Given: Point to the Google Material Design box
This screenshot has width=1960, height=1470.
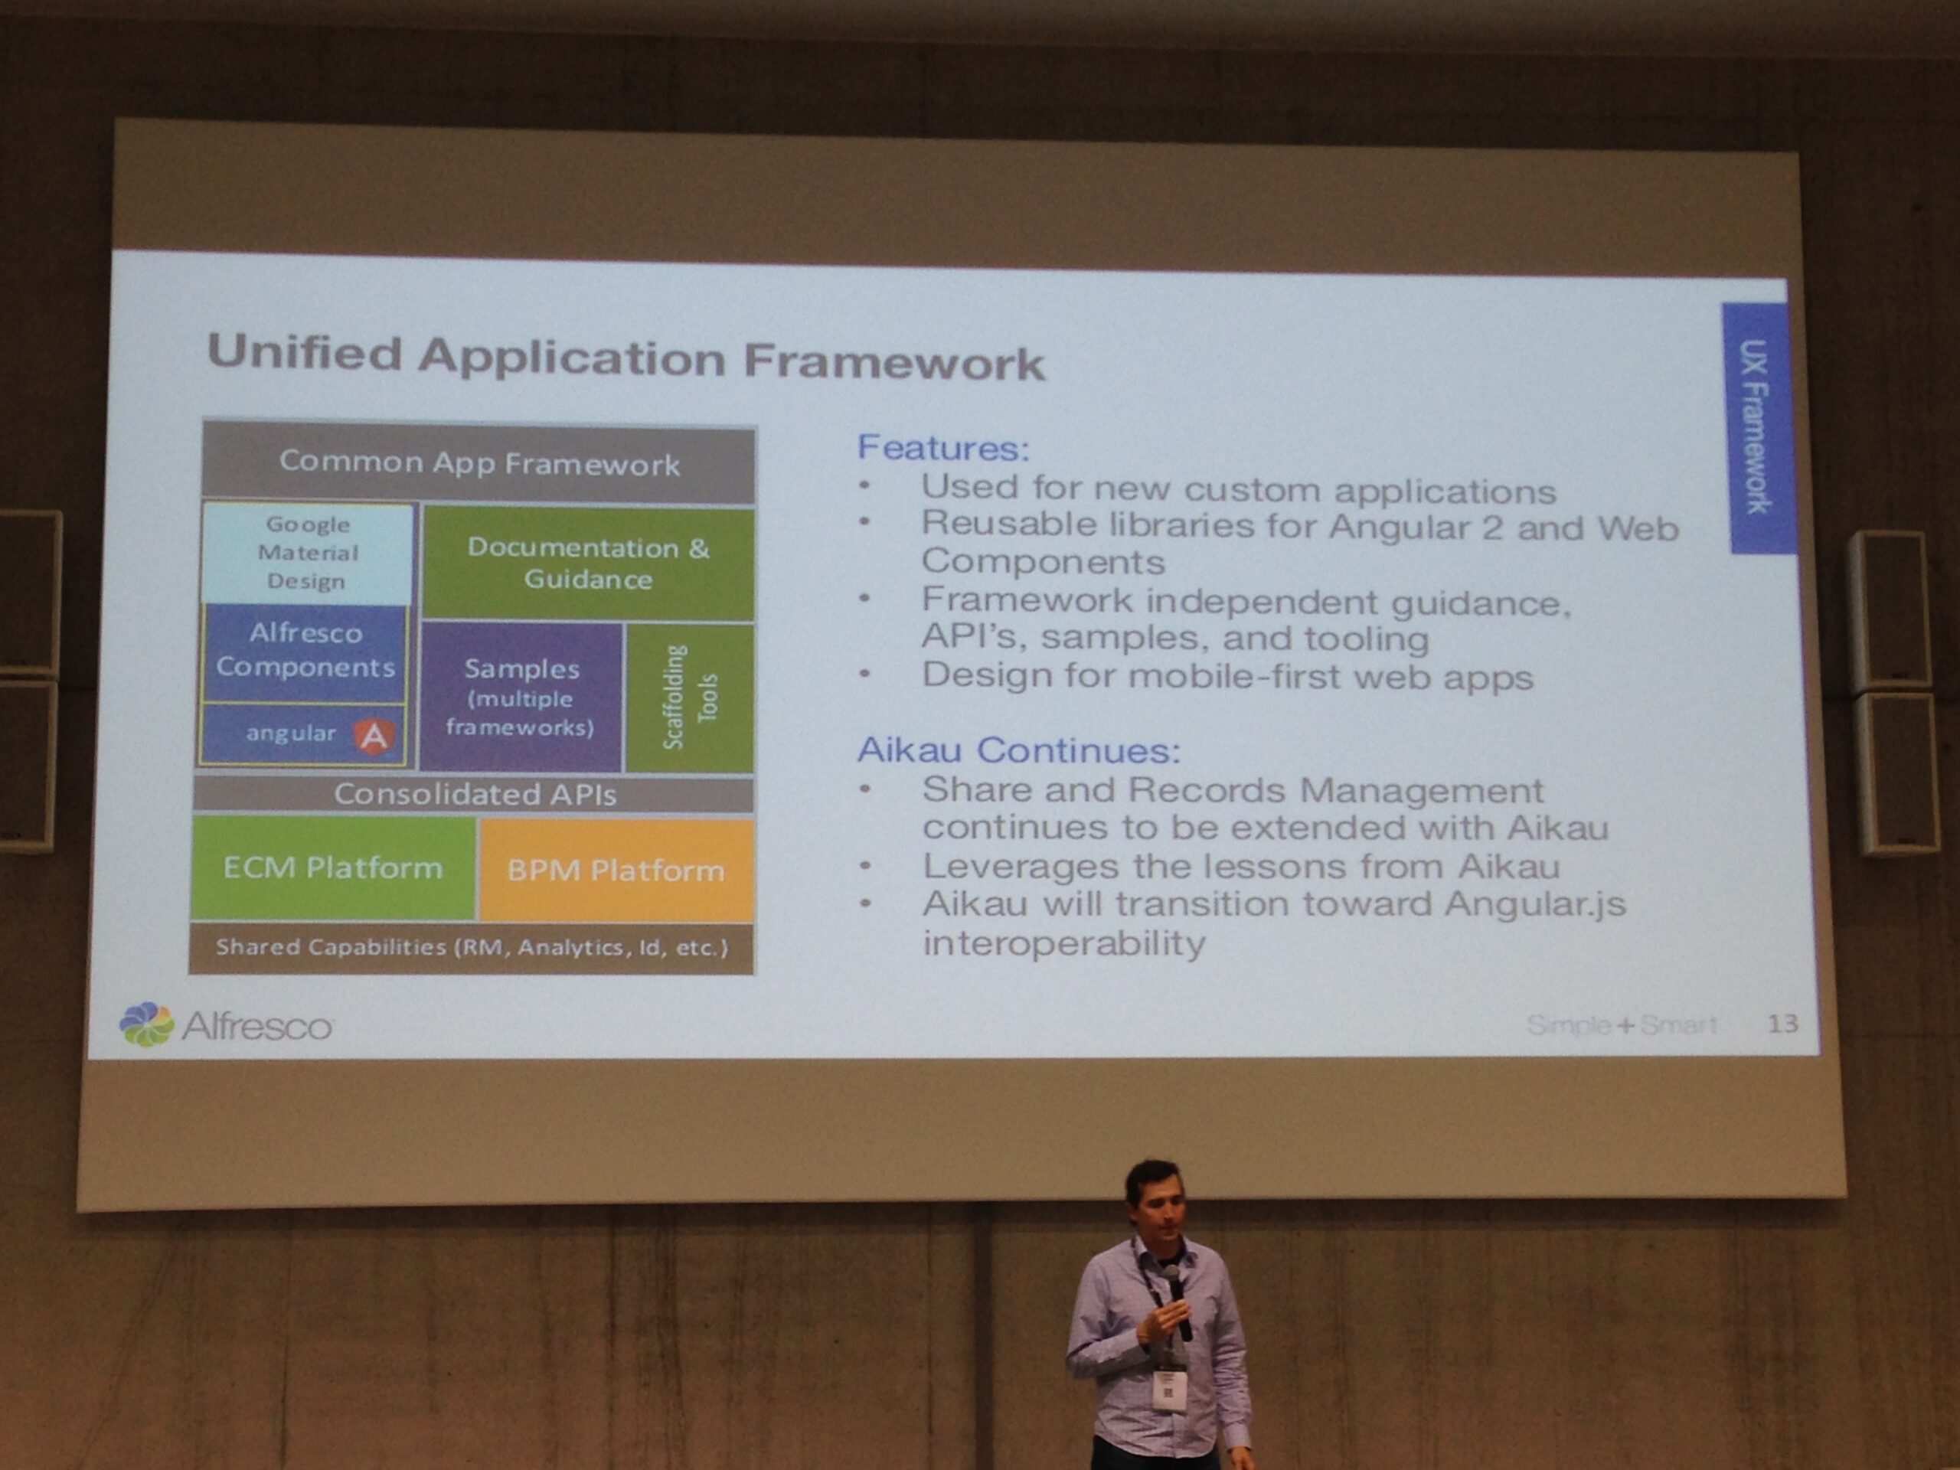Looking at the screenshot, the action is point(308,553).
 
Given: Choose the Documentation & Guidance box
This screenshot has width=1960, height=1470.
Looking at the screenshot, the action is point(588,563).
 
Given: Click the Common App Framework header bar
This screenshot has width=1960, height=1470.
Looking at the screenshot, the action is point(479,462).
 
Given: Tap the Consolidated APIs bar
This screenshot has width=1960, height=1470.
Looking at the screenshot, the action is point(474,794).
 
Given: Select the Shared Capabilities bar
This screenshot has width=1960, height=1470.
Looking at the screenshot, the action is point(472,947).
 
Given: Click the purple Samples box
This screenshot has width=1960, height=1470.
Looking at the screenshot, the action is point(521,697).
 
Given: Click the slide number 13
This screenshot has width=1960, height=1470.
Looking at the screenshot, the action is point(1782,1024).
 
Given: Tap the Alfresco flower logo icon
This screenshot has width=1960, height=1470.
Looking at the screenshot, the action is point(147,1024).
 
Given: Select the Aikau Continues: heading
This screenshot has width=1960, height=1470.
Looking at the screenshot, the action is point(1019,750).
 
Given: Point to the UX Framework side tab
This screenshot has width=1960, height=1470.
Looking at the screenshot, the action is point(1759,428).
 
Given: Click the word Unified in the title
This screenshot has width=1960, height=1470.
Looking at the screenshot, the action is point(305,353).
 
